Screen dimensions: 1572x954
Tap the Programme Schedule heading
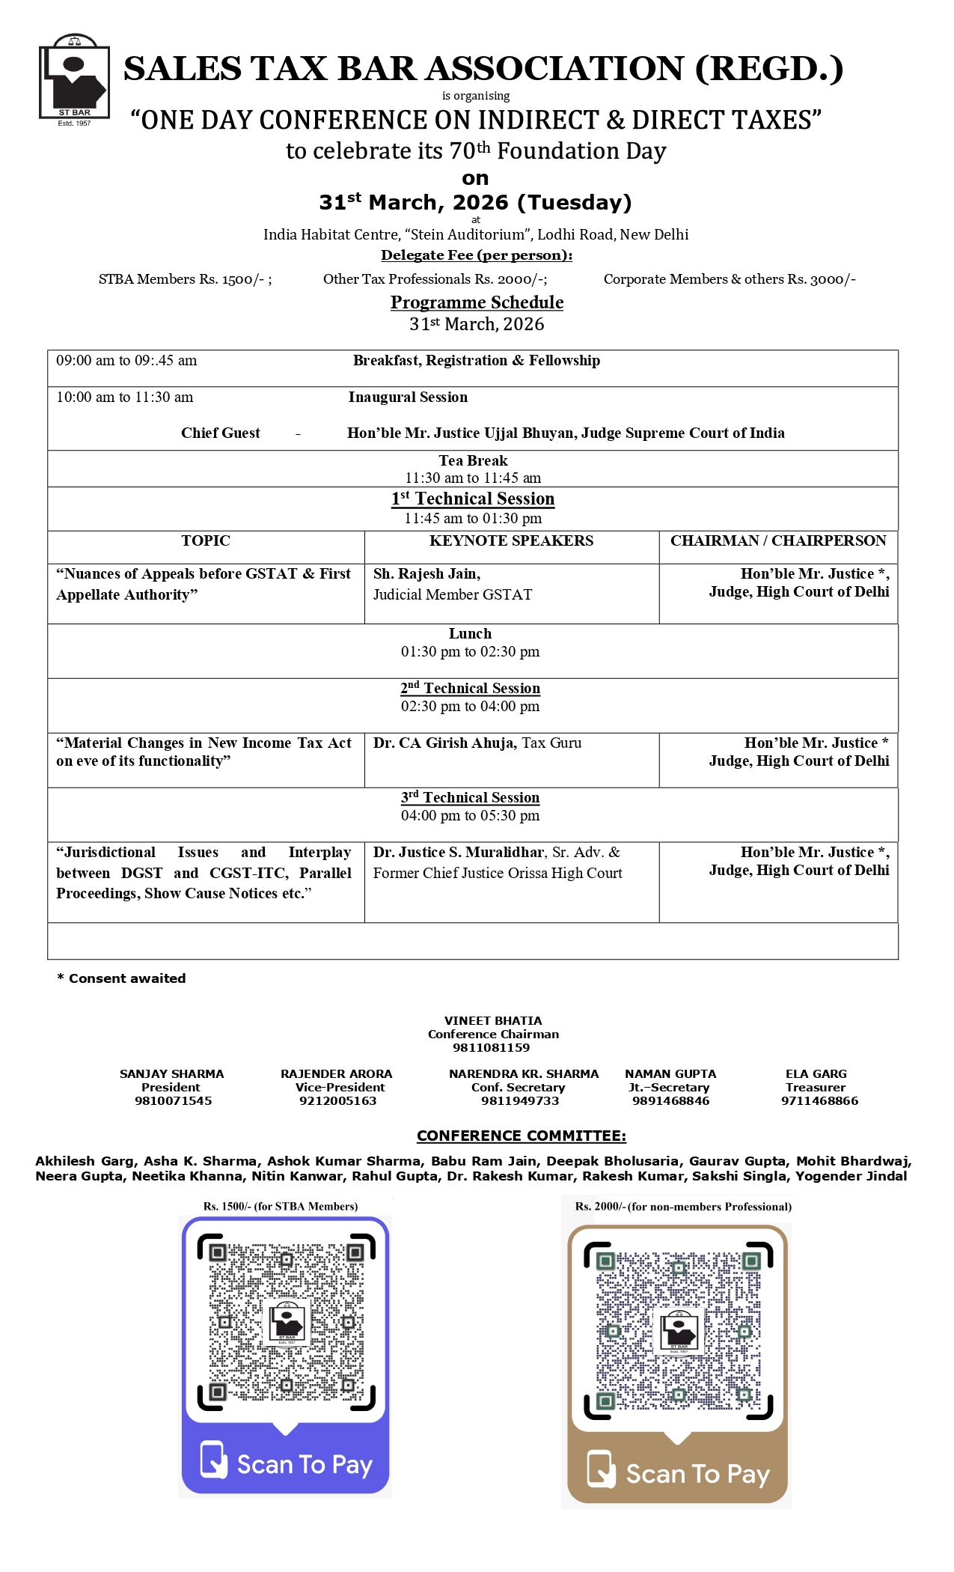point(477,302)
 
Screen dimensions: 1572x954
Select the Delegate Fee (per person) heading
point(477,255)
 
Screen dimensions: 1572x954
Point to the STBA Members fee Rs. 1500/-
point(185,279)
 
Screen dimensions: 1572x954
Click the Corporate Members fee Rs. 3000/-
point(730,279)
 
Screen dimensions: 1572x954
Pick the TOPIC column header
point(206,541)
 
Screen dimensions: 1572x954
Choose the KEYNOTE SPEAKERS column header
point(511,541)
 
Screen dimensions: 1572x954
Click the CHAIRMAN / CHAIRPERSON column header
point(778,541)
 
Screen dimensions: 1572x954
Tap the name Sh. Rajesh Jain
point(426,574)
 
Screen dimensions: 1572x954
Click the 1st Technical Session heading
point(473,499)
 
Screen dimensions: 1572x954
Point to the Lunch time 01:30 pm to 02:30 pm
point(470,652)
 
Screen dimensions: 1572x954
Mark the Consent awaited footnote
point(122,978)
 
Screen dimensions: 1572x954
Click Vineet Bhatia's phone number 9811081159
point(491,1048)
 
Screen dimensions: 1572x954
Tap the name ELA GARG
point(816,1074)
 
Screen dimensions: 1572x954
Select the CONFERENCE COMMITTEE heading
point(522,1136)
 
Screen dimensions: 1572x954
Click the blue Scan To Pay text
point(305,1465)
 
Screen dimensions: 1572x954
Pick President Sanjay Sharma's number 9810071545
point(173,1101)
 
